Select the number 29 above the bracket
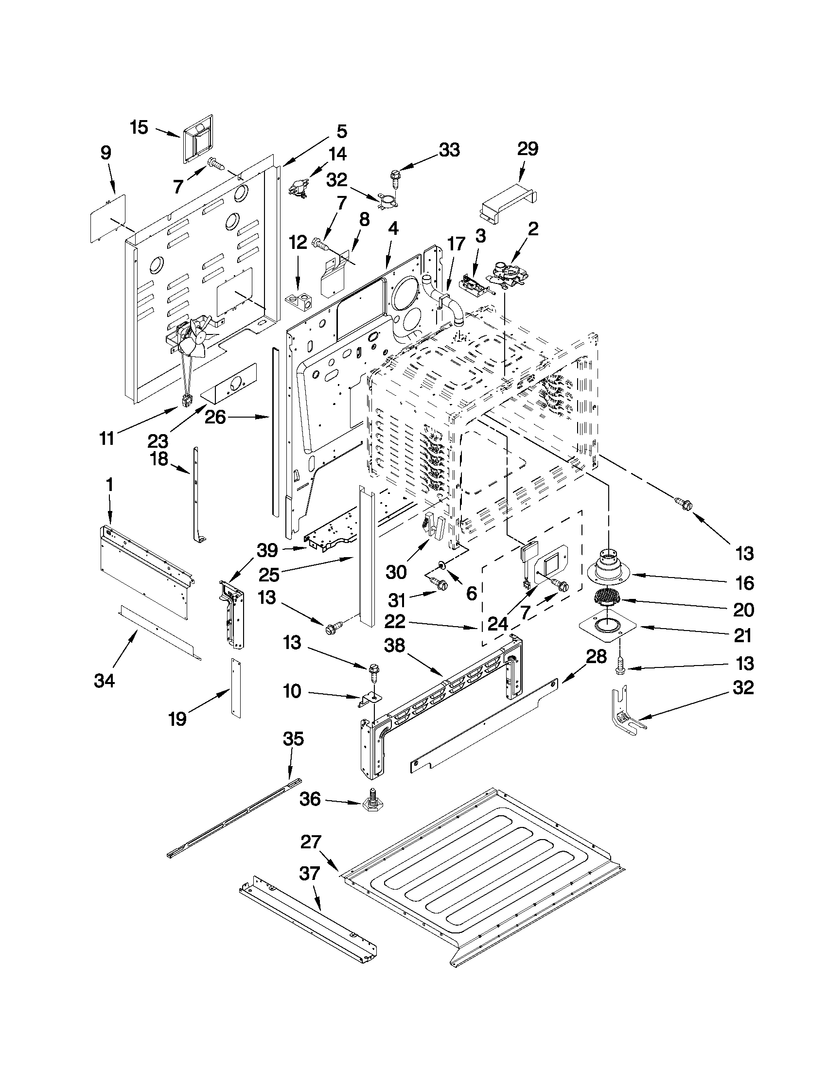[528, 149]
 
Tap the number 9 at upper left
[106, 153]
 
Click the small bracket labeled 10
[369, 700]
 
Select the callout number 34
[104, 681]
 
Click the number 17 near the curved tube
[456, 244]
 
